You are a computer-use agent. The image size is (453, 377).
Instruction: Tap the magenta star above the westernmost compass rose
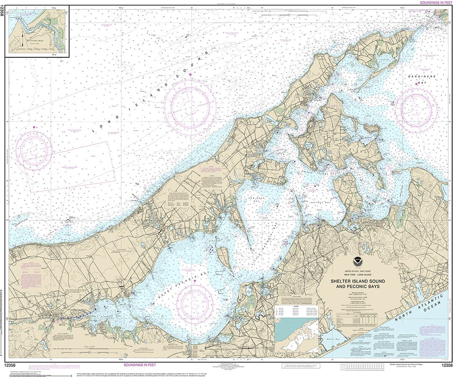(x=34, y=127)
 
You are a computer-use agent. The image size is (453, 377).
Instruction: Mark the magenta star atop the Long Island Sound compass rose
(x=190, y=75)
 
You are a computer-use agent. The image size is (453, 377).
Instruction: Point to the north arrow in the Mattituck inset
(x=22, y=41)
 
